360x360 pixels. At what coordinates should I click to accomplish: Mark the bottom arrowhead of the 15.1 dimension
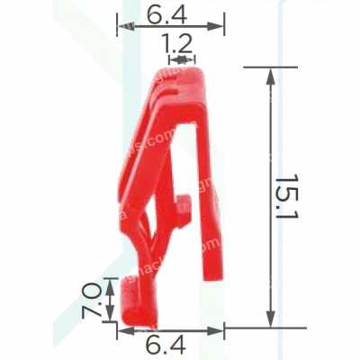tap(269, 321)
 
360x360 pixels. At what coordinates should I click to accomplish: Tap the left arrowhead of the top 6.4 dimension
tap(122, 28)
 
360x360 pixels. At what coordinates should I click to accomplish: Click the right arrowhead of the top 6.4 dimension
tap(220, 28)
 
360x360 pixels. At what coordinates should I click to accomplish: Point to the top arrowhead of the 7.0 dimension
tap(111, 283)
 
